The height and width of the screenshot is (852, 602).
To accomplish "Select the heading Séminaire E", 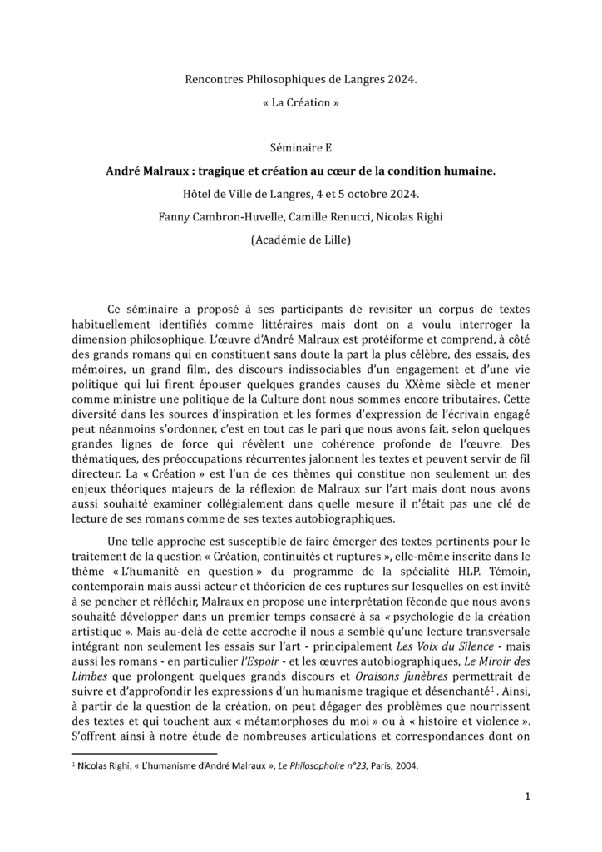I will (x=301, y=149).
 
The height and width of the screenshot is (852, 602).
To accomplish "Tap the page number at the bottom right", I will (x=528, y=795).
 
